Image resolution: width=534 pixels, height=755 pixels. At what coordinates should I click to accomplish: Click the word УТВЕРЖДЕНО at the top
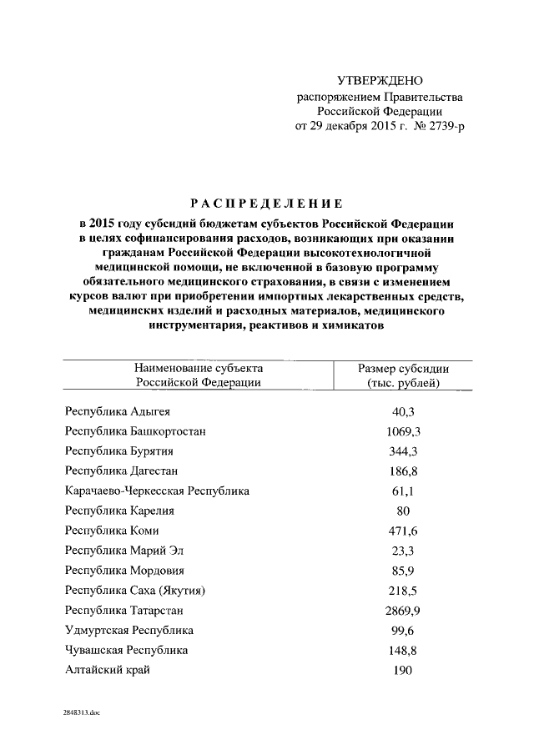(x=380, y=81)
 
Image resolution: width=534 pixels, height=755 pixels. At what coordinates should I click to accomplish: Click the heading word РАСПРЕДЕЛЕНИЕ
(x=266, y=204)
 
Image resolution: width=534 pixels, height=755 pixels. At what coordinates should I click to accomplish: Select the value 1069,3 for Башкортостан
(x=403, y=430)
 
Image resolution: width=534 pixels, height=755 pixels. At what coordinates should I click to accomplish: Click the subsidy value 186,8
(x=403, y=471)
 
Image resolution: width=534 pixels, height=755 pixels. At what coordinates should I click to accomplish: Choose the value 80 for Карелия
(x=403, y=511)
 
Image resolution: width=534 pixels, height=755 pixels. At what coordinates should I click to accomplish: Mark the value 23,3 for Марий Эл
(x=403, y=551)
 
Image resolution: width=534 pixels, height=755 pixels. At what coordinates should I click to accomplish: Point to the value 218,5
(x=403, y=591)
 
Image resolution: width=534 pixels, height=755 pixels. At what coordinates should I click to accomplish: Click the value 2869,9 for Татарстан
(x=403, y=610)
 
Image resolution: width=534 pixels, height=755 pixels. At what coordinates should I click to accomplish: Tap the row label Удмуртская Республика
(x=128, y=630)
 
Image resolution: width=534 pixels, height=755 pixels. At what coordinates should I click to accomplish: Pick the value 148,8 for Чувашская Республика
(x=403, y=650)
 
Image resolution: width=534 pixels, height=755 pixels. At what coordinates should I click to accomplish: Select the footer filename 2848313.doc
(x=80, y=714)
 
